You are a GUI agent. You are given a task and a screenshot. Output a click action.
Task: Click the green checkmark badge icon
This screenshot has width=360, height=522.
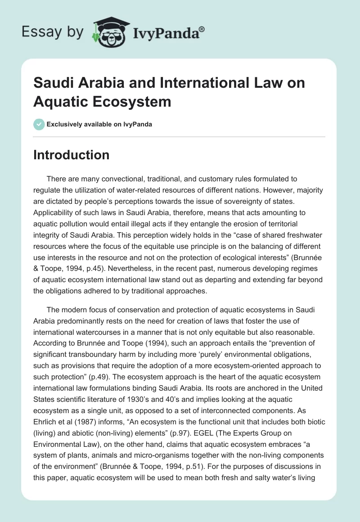pyautogui.click(x=39, y=124)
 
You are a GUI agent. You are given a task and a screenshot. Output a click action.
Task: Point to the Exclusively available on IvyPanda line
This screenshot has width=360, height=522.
pyautogui.click(x=99, y=124)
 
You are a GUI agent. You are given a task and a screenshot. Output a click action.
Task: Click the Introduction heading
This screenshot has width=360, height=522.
pyautogui.click(x=71, y=155)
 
